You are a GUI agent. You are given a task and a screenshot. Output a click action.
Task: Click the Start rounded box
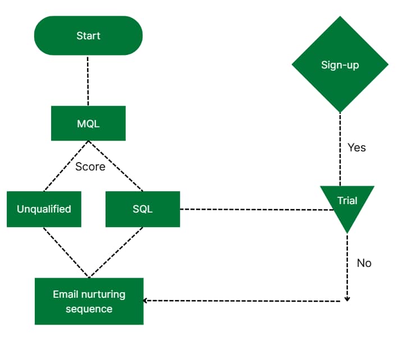[x=88, y=36]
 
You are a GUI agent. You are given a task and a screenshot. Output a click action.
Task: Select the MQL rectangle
[x=88, y=123]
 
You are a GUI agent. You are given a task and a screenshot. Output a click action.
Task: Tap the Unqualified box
[x=44, y=209]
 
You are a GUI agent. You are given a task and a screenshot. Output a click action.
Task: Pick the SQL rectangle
[x=143, y=209]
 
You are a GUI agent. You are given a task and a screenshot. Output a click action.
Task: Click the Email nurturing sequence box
[x=89, y=301]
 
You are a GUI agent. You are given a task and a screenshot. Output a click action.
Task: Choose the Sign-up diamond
[x=340, y=64]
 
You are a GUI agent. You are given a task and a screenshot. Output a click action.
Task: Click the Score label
[x=90, y=167]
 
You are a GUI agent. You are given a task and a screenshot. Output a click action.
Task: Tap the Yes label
[x=356, y=147]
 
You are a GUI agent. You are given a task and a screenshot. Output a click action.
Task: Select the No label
[x=364, y=263]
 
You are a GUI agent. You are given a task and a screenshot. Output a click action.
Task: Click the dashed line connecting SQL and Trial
[x=255, y=209]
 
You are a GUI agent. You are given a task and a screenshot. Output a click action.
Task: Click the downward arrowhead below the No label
[x=347, y=298]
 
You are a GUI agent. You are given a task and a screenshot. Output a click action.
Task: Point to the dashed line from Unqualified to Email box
[x=65, y=252]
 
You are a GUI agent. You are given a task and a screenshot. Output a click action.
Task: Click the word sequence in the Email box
[x=89, y=309]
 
